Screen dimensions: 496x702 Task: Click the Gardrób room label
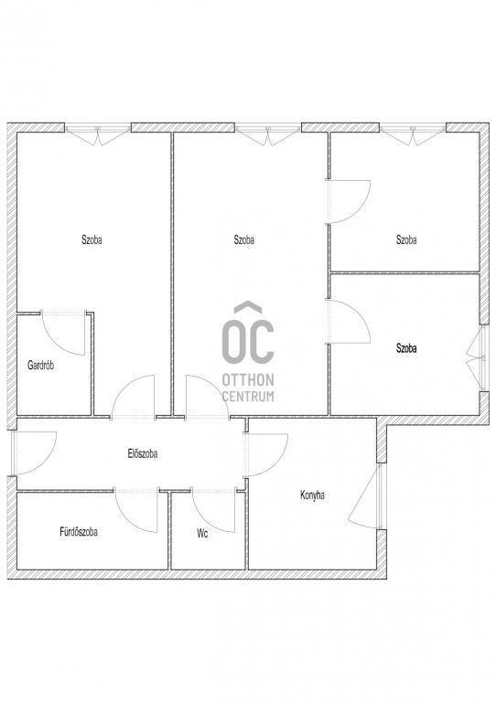coord(41,366)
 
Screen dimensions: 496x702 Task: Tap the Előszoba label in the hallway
coord(142,453)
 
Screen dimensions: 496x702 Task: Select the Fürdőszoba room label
coord(79,532)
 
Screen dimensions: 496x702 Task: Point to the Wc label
coord(202,534)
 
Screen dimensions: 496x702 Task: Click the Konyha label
coord(312,495)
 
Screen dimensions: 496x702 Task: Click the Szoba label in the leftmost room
coord(92,239)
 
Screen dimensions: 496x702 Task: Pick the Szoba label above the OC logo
coord(244,239)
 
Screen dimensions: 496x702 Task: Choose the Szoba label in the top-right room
coord(406,239)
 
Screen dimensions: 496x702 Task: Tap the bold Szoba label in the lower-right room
coord(406,348)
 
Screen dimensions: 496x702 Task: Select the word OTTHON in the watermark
coord(248,380)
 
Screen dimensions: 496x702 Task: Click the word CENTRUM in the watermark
coord(248,396)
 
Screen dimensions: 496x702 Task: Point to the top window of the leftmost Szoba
coord(98,133)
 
